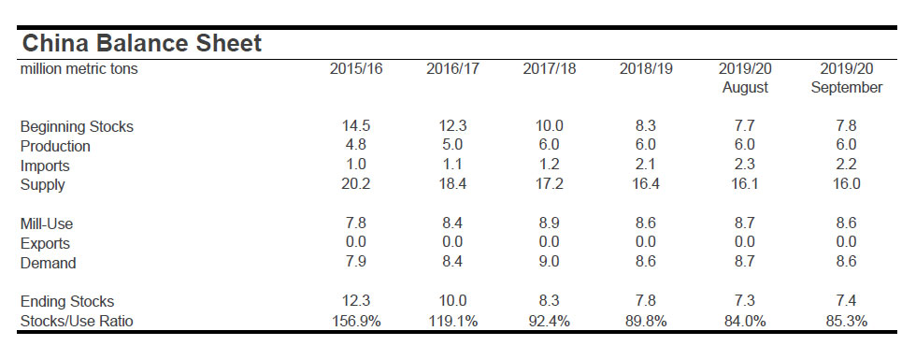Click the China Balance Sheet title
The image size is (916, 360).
tap(141, 43)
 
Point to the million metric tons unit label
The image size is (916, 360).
tap(79, 69)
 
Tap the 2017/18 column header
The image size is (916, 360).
tap(550, 69)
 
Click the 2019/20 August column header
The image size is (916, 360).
tap(745, 78)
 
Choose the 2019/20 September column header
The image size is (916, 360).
tap(846, 78)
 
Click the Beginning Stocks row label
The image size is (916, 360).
tap(77, 126)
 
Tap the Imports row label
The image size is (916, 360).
tap(45, 166)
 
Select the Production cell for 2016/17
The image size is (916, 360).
tap(452, 145)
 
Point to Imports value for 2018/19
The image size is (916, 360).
tap(646, 166)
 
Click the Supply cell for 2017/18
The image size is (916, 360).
tap(550, 184)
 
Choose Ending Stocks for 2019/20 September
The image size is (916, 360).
tap(846, 301)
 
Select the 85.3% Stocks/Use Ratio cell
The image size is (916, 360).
tap(846, 321)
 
